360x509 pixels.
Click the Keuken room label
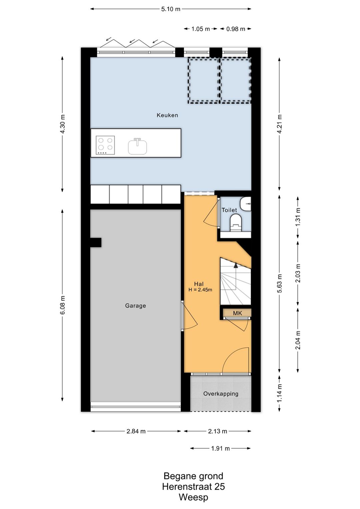[167, 115]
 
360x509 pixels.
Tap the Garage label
[135, 306]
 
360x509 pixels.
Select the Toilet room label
[229, 210]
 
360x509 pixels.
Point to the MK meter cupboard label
[237, 313]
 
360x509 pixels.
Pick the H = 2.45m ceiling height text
[200, 290]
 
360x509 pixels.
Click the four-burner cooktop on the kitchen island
[105, 145]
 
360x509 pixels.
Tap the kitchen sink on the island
[137, 146]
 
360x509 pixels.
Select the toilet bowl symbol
[236, 223]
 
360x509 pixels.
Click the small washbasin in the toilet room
[245, 202]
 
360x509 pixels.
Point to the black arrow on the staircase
[236, 265]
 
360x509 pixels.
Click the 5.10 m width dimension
[171, 9]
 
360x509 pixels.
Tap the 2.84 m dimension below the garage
[136, 431]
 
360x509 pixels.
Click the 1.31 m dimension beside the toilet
[298, 217]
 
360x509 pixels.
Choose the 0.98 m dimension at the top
[236, 29]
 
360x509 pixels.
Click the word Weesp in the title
[193, 497]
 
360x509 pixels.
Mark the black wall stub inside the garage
[96, 242]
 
